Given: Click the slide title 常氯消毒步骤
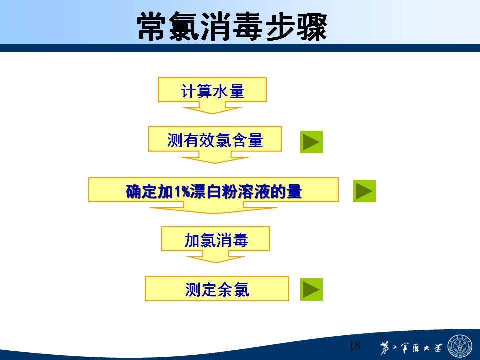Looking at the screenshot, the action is click(232, 27).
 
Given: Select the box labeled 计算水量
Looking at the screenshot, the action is click(212, 90).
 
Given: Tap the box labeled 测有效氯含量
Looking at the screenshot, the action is click(215, 139).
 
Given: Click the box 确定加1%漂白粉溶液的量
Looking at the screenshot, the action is click(213, 190).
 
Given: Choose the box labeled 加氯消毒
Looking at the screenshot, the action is click(216, 239).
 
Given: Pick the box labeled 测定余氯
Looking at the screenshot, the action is click(217, 288).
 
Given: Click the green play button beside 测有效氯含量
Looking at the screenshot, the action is click(311, 142).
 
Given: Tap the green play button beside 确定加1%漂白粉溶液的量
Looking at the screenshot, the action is click(364, 191).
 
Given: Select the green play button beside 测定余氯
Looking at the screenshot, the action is click(311, 289).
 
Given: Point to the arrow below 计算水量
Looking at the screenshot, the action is click(212, 108).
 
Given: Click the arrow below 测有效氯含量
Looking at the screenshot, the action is click(215, 157).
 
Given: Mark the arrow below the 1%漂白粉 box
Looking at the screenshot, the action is click(213, 208).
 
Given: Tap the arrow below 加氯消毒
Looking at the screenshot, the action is click(216, 257).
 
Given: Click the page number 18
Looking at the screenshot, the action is click(355, 346).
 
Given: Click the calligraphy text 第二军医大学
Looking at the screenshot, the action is click(411, 348).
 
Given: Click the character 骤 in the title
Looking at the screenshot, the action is click(312, 27).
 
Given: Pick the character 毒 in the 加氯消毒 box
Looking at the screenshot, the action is click(240, 240).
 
